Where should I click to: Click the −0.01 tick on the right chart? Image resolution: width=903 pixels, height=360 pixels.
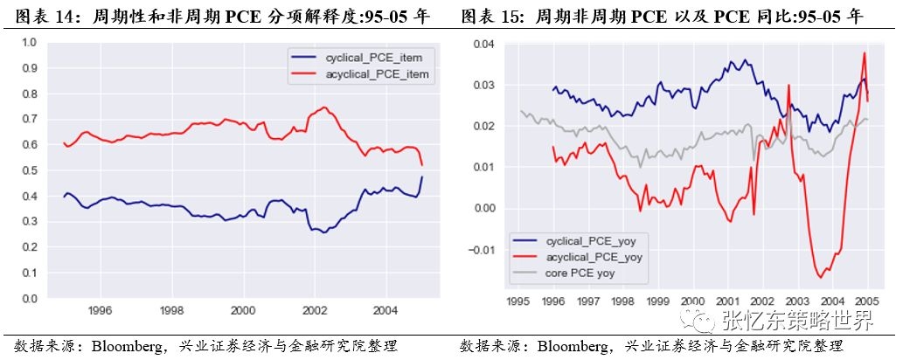point(482,250)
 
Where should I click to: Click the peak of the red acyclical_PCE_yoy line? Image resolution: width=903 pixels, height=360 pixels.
point(864,53)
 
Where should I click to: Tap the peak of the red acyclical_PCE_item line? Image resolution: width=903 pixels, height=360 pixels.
point(324,107)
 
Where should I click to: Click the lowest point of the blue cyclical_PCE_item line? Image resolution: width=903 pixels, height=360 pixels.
point(324,232)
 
